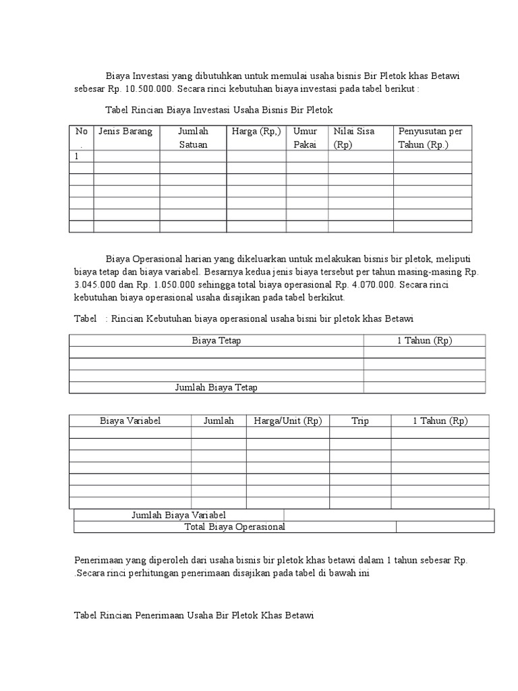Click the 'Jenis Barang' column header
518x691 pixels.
point(125,131)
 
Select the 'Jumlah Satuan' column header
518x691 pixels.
point(193,137)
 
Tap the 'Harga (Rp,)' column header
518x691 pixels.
point(256,131)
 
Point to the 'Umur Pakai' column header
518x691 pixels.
point(306,137)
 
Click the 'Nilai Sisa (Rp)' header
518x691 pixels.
point(353,137)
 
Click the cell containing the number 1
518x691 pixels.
point(77,156)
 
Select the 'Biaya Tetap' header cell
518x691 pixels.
point(216,340)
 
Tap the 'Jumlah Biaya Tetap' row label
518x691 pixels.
point(216,387)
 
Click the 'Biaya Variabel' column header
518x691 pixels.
point(130,420)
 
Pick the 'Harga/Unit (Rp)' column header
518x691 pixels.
point(288,420)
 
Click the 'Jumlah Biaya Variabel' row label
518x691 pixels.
point(178,515)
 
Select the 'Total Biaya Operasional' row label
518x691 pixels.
point(235,526)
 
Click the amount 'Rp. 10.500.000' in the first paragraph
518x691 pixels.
point(142,88)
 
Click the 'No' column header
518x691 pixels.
point(81,131)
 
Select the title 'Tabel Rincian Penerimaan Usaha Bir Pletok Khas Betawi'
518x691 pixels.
point(194,615)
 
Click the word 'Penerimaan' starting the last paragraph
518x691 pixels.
point(97,561)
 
